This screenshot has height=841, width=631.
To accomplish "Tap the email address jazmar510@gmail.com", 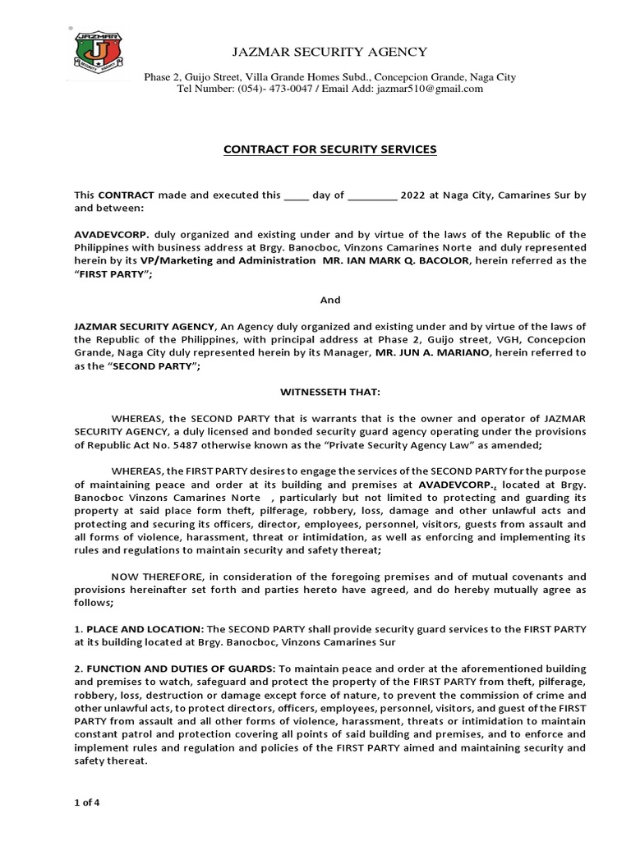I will pyautogui.click(x=432, y=89).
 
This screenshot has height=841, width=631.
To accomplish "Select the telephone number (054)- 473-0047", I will pyautogui.click(x=276, y=89).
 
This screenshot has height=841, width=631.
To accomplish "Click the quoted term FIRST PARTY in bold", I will pyautogui.click(x=106, y=273).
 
